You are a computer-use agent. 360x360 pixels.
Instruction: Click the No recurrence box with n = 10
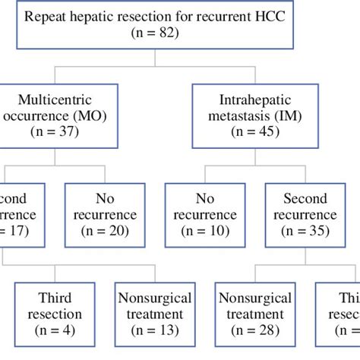point(205,215)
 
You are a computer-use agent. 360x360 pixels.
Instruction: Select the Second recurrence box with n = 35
point(303,215)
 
